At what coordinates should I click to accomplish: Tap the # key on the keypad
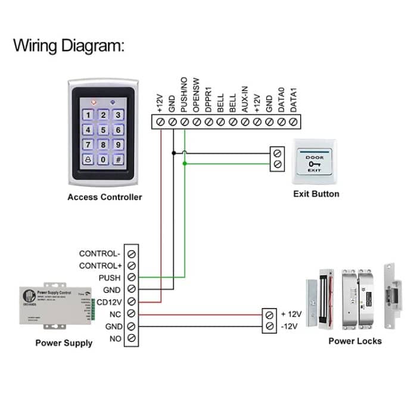pos(119,159)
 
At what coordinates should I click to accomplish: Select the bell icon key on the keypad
pos(88,159)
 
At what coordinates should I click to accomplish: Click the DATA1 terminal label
pos(293,100)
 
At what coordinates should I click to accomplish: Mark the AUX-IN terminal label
pos(245,99)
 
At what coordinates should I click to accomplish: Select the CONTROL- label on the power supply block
pos(99,253)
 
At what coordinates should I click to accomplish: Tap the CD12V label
pos(107,302)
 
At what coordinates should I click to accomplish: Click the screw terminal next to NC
pos(132,314)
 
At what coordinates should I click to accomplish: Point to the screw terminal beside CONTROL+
pos(132,265)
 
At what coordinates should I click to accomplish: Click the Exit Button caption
pos(316,194)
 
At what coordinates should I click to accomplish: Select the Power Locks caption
pos(355,341)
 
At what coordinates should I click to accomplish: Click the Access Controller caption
pos(105,197)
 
